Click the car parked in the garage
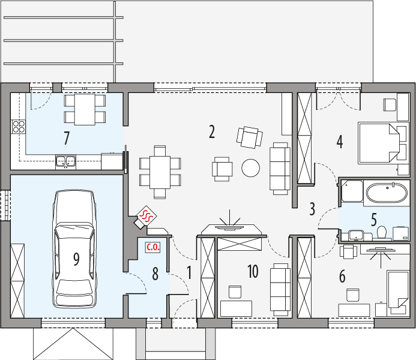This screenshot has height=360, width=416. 74,249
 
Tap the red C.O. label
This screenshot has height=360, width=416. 153,248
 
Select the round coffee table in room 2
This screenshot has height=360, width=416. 251,168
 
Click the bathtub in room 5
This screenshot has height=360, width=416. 387,193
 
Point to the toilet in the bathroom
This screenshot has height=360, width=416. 382,232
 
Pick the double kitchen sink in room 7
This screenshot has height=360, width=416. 65,162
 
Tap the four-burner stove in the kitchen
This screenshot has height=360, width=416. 18,127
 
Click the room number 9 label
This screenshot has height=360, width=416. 76,259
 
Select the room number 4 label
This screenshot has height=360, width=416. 340,142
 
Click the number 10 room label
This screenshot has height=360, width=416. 253,271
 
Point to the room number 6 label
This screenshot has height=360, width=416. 342,276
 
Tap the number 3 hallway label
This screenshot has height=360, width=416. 312,209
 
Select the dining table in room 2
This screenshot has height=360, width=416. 160,172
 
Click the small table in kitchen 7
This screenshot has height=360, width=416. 85,109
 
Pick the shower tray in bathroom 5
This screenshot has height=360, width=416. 352,191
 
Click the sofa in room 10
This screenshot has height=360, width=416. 280,289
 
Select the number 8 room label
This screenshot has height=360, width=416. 155,274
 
